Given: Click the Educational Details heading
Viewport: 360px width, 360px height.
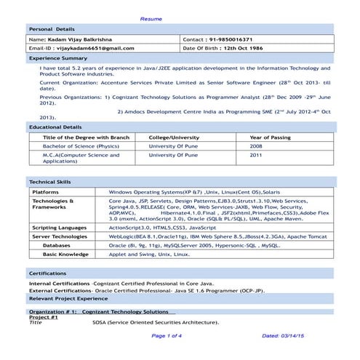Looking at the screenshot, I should tap(55, 127).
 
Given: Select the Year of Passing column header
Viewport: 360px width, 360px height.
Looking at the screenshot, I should tap(270, 137).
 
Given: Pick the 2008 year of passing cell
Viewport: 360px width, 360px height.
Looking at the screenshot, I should tap(256, 145).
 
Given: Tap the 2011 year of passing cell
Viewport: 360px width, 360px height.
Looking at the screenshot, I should tap(256, 155).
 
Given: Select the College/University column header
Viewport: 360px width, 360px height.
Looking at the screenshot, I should tap(174, 137).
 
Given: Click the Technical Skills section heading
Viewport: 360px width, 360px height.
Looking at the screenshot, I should tap(50, 180).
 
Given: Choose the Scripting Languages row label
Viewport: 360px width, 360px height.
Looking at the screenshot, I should tap(64, 228).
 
